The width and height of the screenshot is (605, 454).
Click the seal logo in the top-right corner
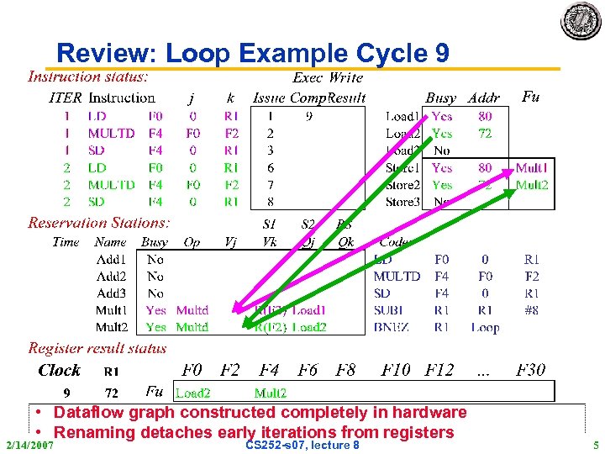[x=581, y=20]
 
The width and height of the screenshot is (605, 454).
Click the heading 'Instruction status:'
[x=88, y=77]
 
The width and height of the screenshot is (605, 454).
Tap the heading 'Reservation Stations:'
[x=98, y=223]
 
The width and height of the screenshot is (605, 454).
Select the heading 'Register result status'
[x=97, y=348]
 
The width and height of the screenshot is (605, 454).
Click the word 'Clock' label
[x=60, y=371]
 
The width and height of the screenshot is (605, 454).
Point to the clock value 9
[x=67, y=393]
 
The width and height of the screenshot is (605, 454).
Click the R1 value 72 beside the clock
[x=111, y=393]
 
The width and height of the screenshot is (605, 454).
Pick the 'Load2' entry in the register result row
[x=192, y=393]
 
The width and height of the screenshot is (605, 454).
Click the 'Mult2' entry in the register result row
[x=271, y=393]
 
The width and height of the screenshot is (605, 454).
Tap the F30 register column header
[x=531, y=370]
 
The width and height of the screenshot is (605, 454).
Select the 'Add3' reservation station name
[x=111, y=293]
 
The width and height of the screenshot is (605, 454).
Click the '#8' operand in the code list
[x=530, y=310]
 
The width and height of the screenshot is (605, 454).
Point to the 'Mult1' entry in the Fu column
[x=531, y=168]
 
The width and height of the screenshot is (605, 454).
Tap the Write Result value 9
[x=309, y=116]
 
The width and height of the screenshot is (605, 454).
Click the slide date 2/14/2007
[x=29, y=444]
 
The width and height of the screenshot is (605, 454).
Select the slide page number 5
[x=596, y=444]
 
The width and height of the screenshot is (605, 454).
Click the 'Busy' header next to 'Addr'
[x=441, y=98]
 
